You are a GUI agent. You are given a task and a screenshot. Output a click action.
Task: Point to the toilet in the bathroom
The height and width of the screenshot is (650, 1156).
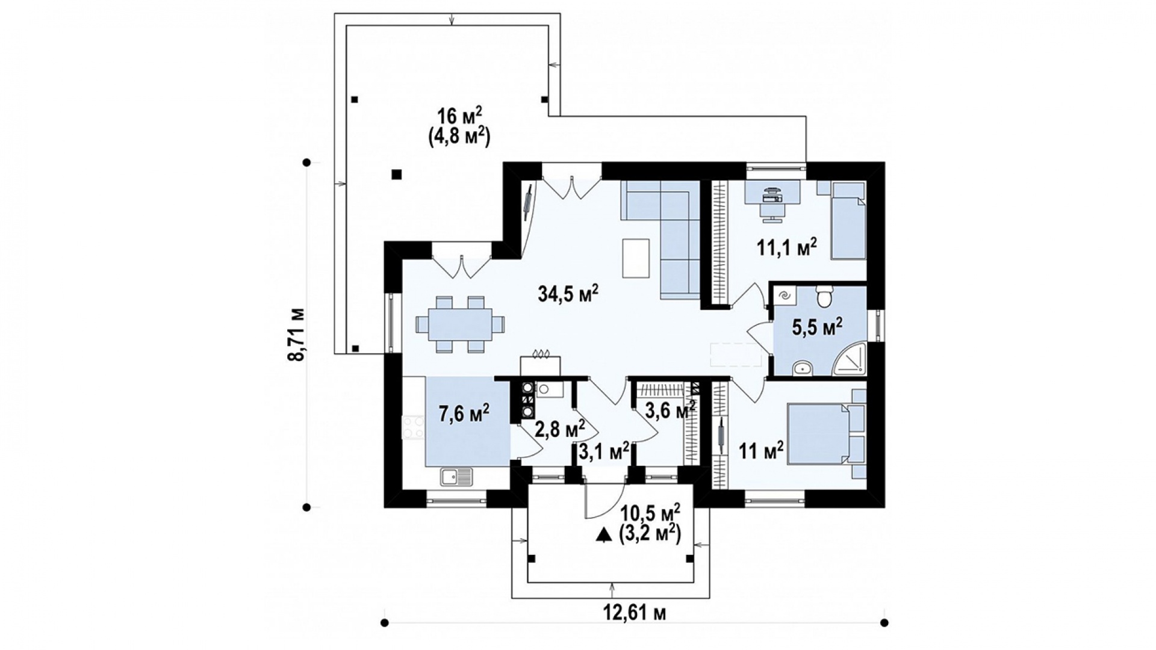click(824, 297)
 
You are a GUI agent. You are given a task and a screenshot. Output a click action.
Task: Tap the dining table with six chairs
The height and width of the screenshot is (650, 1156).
click(461, 324)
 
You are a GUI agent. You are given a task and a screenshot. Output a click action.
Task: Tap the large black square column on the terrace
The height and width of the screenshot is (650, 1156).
click(396, 175)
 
